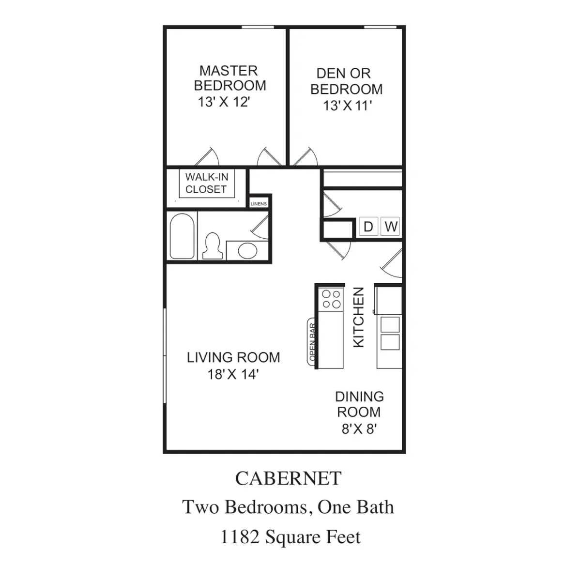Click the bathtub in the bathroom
coord(182,236)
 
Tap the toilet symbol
coord(213,246)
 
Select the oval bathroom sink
coord(247,250)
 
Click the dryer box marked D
coord(368,227)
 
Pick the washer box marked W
coord(390,227)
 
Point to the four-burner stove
coord(331,299)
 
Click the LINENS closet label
coord(259,204)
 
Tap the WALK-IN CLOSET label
coord(207,183)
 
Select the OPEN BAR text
coord(312,342)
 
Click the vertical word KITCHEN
coord(358,317)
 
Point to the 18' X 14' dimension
coord(233,375)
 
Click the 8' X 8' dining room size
coord(359,429)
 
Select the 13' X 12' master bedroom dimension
coord(224,102)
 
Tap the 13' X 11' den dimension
coord(347,106)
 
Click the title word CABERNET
coord(288,478)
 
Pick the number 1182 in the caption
coord(240,536)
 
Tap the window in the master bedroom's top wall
coord(258,27)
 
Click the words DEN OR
coord(343,73)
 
